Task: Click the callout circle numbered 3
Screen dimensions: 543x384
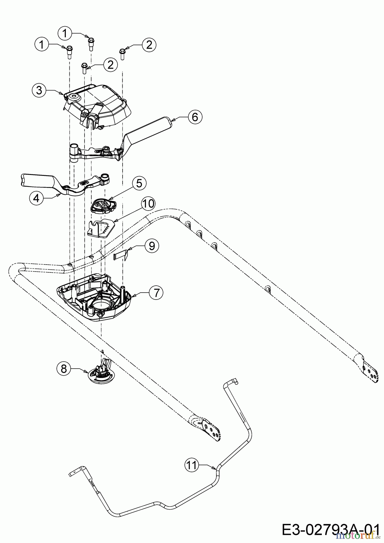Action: (x=39, y=90)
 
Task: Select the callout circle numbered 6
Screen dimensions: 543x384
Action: (x=195, y=117)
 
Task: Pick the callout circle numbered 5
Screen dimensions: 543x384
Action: (x=139, y=183)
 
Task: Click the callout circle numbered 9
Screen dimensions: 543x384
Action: (x=152, y=246)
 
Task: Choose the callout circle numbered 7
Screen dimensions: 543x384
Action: (x=156, y=293)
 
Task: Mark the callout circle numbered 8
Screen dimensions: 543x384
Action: (x=64, y=368)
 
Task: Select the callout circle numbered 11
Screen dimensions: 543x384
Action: (x=191, y=465)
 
